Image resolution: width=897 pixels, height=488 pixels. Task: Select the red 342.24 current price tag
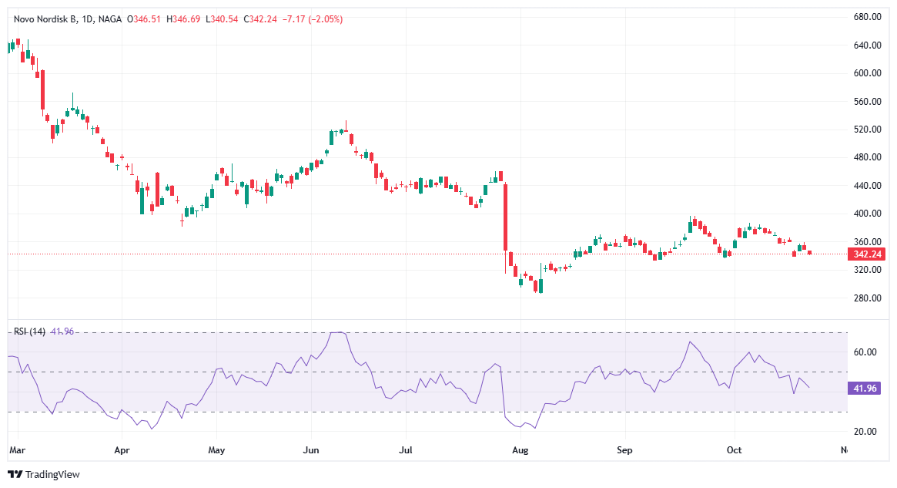866,254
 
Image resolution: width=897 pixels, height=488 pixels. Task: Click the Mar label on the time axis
16,449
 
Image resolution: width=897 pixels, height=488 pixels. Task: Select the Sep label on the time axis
625,449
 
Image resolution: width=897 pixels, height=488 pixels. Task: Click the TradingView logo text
52,474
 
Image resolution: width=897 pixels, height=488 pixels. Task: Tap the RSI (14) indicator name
29,332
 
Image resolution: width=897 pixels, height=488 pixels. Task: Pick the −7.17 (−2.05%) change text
314,19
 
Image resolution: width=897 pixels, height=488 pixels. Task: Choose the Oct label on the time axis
735,449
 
